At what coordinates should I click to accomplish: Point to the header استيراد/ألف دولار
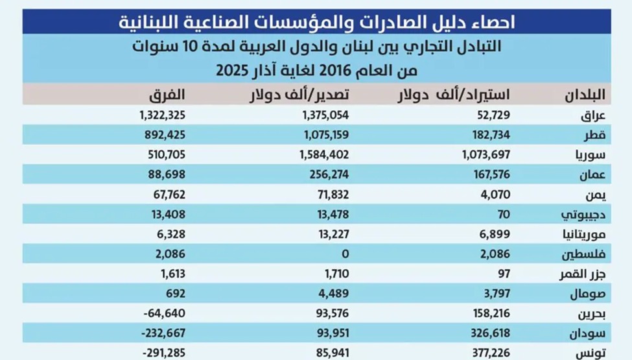click(453, 95)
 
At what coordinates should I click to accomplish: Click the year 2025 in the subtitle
click(235, 67)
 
